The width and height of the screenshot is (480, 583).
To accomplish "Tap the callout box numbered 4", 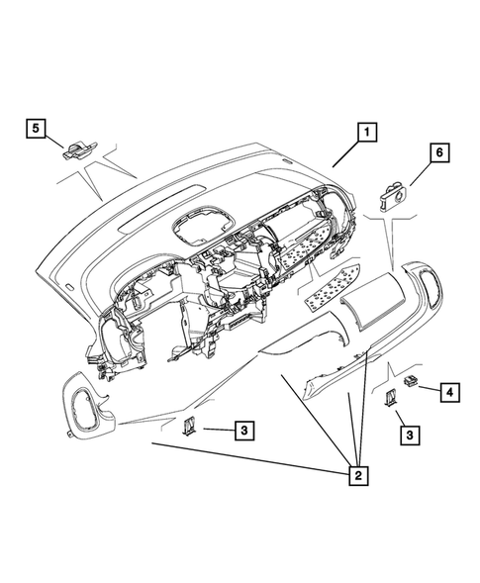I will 450,392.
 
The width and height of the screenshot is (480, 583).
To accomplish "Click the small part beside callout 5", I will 77,149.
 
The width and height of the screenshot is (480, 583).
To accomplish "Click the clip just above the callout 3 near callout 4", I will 389,398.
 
